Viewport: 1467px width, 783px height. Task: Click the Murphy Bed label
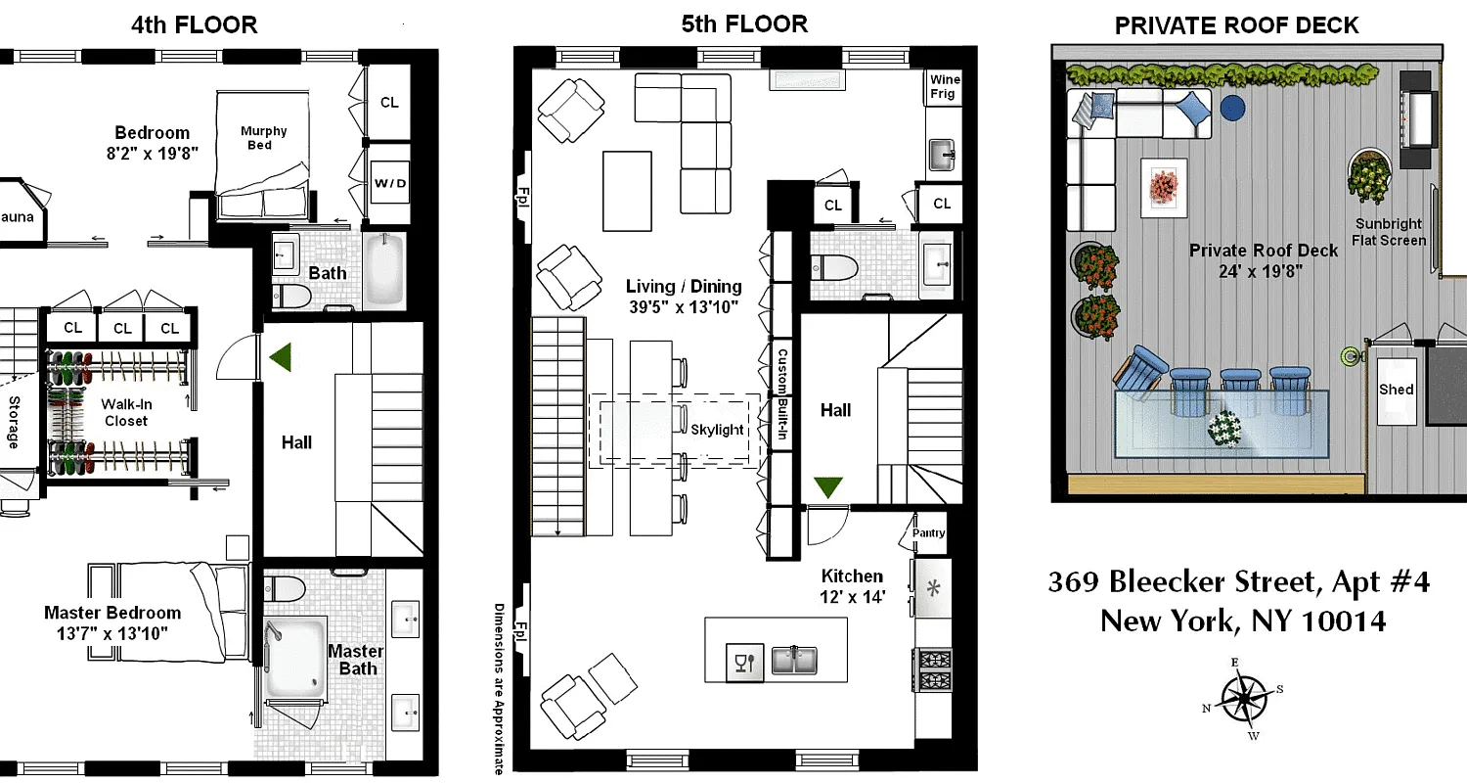(264, 138)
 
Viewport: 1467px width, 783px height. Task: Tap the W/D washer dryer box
(389, 183)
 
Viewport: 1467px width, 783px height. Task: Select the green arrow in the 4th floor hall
(284, 357)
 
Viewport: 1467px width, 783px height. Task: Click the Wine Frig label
(944, 87)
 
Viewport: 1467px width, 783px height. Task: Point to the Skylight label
(717, 430)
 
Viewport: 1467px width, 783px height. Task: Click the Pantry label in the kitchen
(928, 532)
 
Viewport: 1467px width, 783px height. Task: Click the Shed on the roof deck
(1396, 390)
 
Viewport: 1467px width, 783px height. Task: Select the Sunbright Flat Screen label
(1389, 232)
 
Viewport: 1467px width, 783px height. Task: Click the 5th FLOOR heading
(744, 24)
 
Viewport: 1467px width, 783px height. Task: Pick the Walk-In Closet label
(126, 412)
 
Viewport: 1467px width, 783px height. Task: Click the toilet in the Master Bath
(285, 589)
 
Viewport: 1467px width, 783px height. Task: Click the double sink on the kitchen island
(794, 661)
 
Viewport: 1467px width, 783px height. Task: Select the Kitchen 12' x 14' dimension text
(852, 585)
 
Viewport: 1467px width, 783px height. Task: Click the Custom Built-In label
(782, 391)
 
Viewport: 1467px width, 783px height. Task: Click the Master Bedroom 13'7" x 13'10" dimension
(112, 622)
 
